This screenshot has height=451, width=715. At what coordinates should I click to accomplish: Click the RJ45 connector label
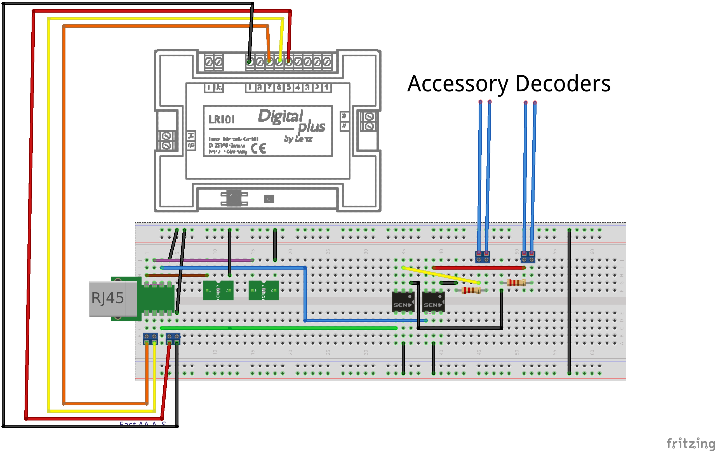107,298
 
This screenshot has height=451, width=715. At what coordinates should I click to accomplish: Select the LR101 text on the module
221,120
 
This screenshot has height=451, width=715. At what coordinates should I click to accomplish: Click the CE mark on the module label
258,148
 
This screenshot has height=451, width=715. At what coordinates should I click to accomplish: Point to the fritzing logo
691,443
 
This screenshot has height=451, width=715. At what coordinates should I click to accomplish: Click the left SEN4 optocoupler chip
403,302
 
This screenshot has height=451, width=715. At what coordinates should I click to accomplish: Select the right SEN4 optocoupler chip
433,302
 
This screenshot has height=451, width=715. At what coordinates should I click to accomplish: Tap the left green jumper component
218,290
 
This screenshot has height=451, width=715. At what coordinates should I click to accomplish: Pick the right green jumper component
264,290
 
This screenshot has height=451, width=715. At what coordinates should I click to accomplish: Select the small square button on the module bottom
269,199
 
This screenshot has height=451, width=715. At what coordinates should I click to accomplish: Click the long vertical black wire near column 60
569,302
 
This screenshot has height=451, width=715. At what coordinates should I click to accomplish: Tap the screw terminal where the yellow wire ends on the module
279,62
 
